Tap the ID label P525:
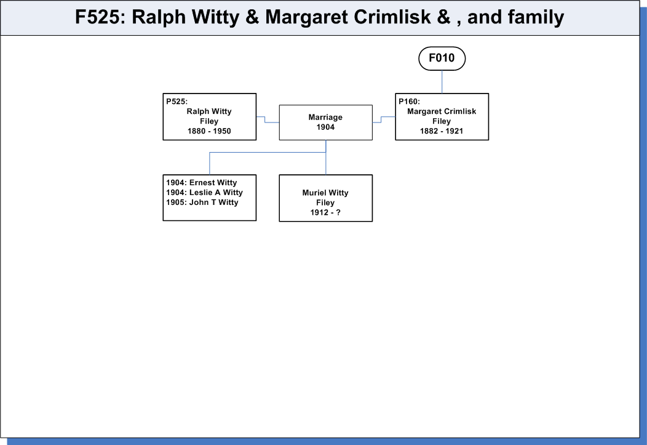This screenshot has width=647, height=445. pyautogui.click(x=177, y=102)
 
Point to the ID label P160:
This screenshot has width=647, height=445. pyautogui.click(x=409, y=102)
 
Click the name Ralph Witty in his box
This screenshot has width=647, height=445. pyautogui.click(x=209, y=111)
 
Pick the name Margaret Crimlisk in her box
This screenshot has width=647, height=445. pyautogui.click(x=442, y=111)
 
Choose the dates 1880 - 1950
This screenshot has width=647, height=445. pyautogui.click(x=209, y=131)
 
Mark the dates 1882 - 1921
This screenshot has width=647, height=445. pyautogui.click(x=442, y=131)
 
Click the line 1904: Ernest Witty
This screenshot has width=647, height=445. pyautogui.click(x=201, y=183)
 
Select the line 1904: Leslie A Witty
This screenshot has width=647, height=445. pyautogui.click(x=204, y=193)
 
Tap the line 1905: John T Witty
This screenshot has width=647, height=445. pyautogui.click(x=202, y=202)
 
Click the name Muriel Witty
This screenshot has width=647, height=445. pyautogui.click(x=325, y=193)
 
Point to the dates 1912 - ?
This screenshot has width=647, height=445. pyautogui.click(x=325, y=212)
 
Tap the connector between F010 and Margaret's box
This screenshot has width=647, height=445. pyautogui.click(x=442, y=82)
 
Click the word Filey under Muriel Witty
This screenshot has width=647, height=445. pyautogui.click(x=325, y=202)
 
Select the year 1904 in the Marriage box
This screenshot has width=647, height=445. pyautogui.click(x=325, y=127)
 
